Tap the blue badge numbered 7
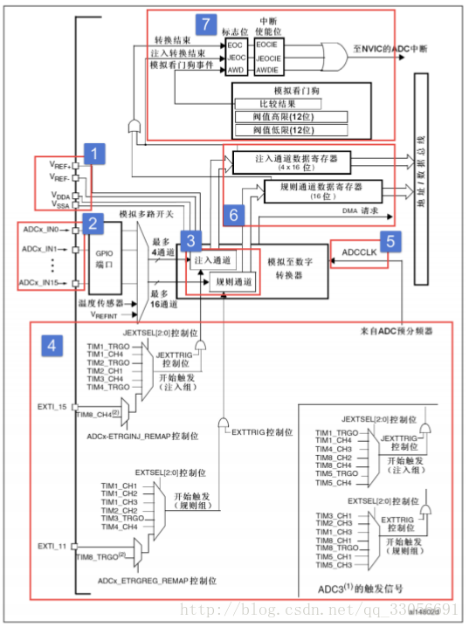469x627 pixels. (205, 24)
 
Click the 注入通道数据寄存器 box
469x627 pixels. (292, 161)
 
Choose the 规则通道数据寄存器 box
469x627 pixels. (323, 189)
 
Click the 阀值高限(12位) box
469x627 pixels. (291, 117)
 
